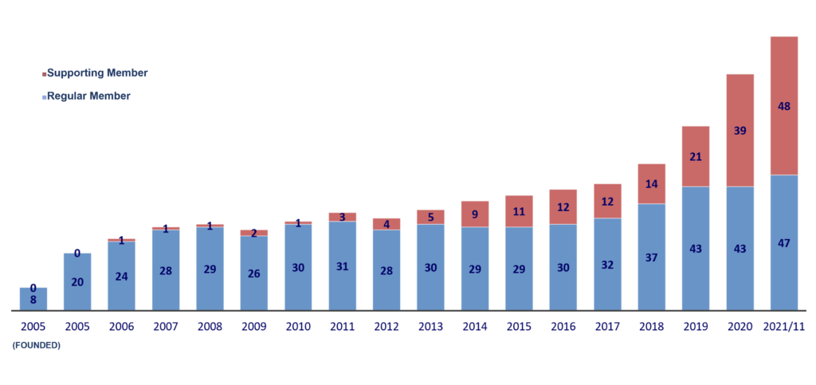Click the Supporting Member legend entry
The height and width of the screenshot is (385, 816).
pos(96,73)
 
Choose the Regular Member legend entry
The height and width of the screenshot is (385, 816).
pos(88,96)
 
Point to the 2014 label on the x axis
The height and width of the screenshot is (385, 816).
pos(475,327)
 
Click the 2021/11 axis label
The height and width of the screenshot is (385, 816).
pos(784,327)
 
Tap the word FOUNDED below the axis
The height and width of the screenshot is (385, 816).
pos(36,344)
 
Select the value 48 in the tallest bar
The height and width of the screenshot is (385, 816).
pos(784,105)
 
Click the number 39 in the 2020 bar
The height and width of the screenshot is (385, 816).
pos(740,130)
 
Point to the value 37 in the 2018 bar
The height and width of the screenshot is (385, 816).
pos(652,257)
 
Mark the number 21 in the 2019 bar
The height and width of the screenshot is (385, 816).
pos(696,156)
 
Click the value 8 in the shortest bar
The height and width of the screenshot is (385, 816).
pos(33,301)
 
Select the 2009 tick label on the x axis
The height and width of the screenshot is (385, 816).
pos(254,327)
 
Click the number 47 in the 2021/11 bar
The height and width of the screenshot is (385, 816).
pos(784,243)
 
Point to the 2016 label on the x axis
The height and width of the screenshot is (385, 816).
pos(563,327)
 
